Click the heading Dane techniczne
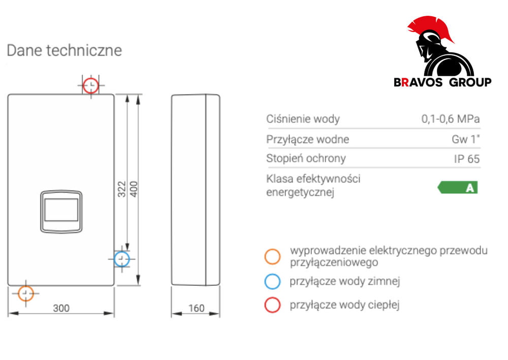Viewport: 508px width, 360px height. coord(64,50)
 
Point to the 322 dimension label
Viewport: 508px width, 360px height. coord(121,189)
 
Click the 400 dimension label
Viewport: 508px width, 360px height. coord(134,189)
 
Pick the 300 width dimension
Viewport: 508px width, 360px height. coord(61,308)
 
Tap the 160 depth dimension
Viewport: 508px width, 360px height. coord(196,308)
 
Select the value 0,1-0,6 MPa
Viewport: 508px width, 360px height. coord(450,119)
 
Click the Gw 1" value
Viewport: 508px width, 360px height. coord(465,139)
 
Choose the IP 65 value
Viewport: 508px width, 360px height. coord(466,159)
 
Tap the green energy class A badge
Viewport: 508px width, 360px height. coord(458,187)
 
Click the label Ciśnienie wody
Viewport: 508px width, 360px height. coord(303,119)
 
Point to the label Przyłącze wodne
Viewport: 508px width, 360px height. coord(308,140)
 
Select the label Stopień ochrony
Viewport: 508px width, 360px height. coord(306,158)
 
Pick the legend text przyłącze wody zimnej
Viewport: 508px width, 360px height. coord(345,281)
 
